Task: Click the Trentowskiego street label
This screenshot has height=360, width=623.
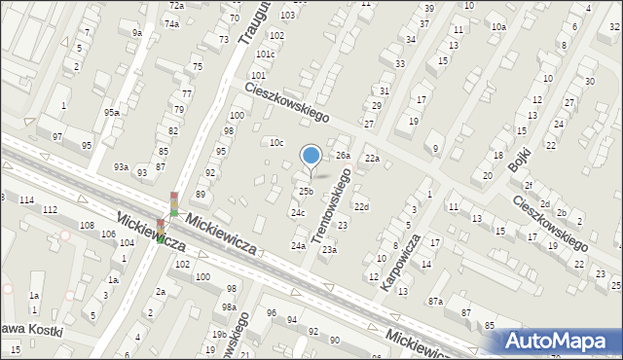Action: click(332, 198)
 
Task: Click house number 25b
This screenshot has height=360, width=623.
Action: click(306, 191)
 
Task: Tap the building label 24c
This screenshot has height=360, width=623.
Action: click(298, 212)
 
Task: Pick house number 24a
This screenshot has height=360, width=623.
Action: click(298, 246)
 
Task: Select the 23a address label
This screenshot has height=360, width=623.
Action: click(330, 250)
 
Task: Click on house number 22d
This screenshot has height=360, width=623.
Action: click(361, 207)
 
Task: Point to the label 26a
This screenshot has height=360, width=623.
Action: click(343, 156)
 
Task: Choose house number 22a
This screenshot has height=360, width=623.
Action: click(371, 159)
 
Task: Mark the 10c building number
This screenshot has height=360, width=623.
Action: click(276, 143)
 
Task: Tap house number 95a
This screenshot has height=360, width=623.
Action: click(113, 113)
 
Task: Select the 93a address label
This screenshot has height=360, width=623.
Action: click(121, 167)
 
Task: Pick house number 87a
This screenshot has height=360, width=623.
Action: click(435, 302)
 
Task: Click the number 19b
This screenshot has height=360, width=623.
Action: click(219, 335)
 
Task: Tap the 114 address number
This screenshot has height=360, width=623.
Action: click(26, 199)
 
